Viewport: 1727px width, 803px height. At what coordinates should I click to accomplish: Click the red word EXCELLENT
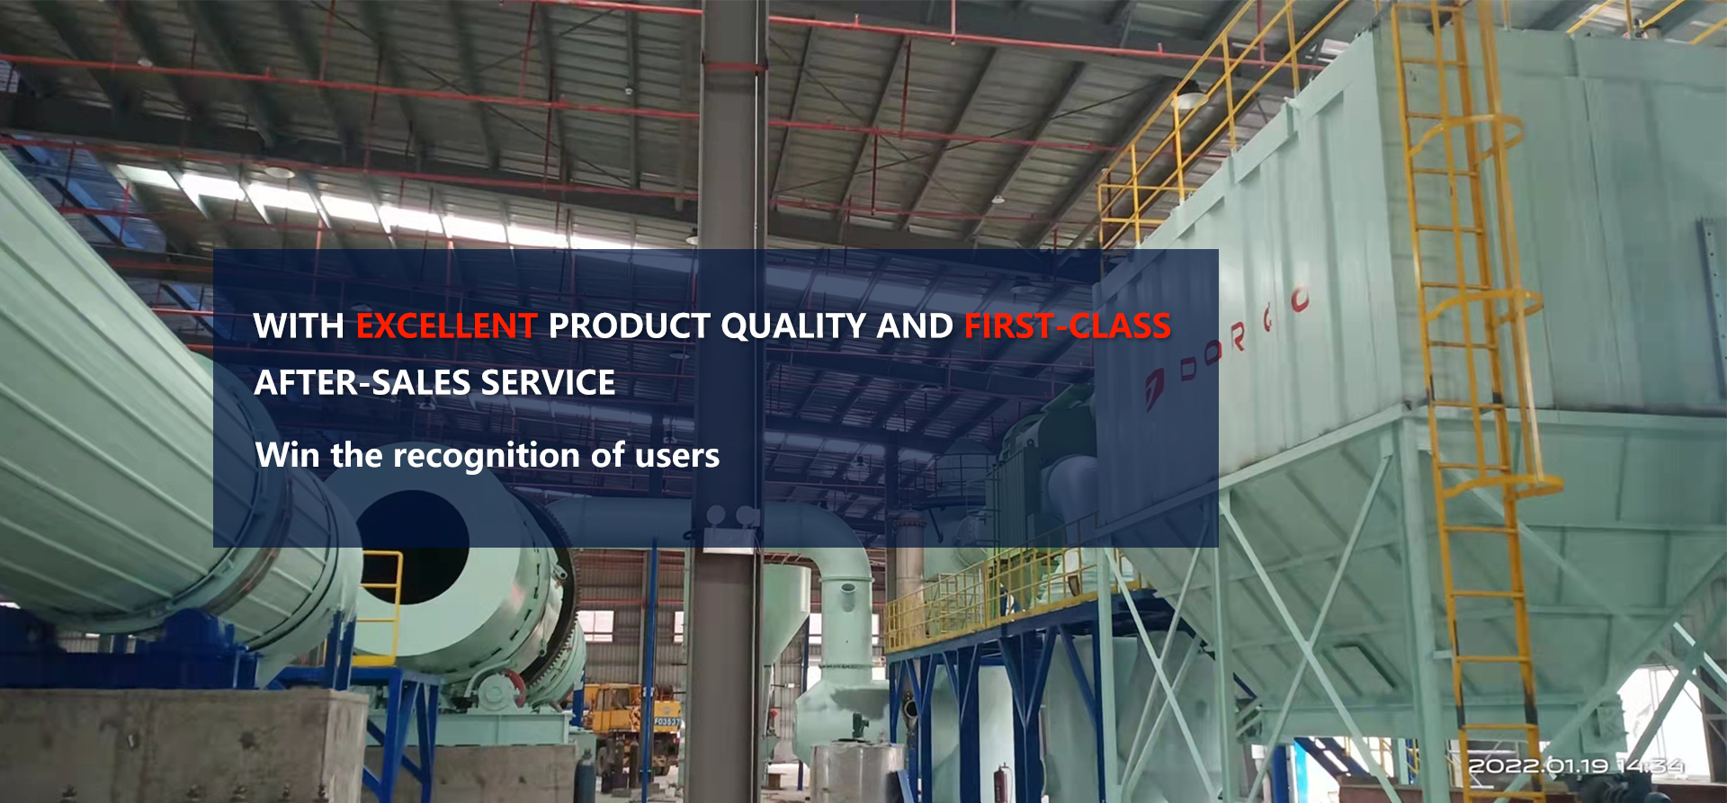[x=446, y=326]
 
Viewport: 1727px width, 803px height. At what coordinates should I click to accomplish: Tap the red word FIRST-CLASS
[x=1068, y=326]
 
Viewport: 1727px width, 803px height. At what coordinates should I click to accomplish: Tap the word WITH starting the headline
[x=299, y=326]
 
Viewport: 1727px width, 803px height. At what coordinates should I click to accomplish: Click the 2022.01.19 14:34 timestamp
[x=1576, y=766]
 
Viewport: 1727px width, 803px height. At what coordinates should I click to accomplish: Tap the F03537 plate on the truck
[x=667, y=721]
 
